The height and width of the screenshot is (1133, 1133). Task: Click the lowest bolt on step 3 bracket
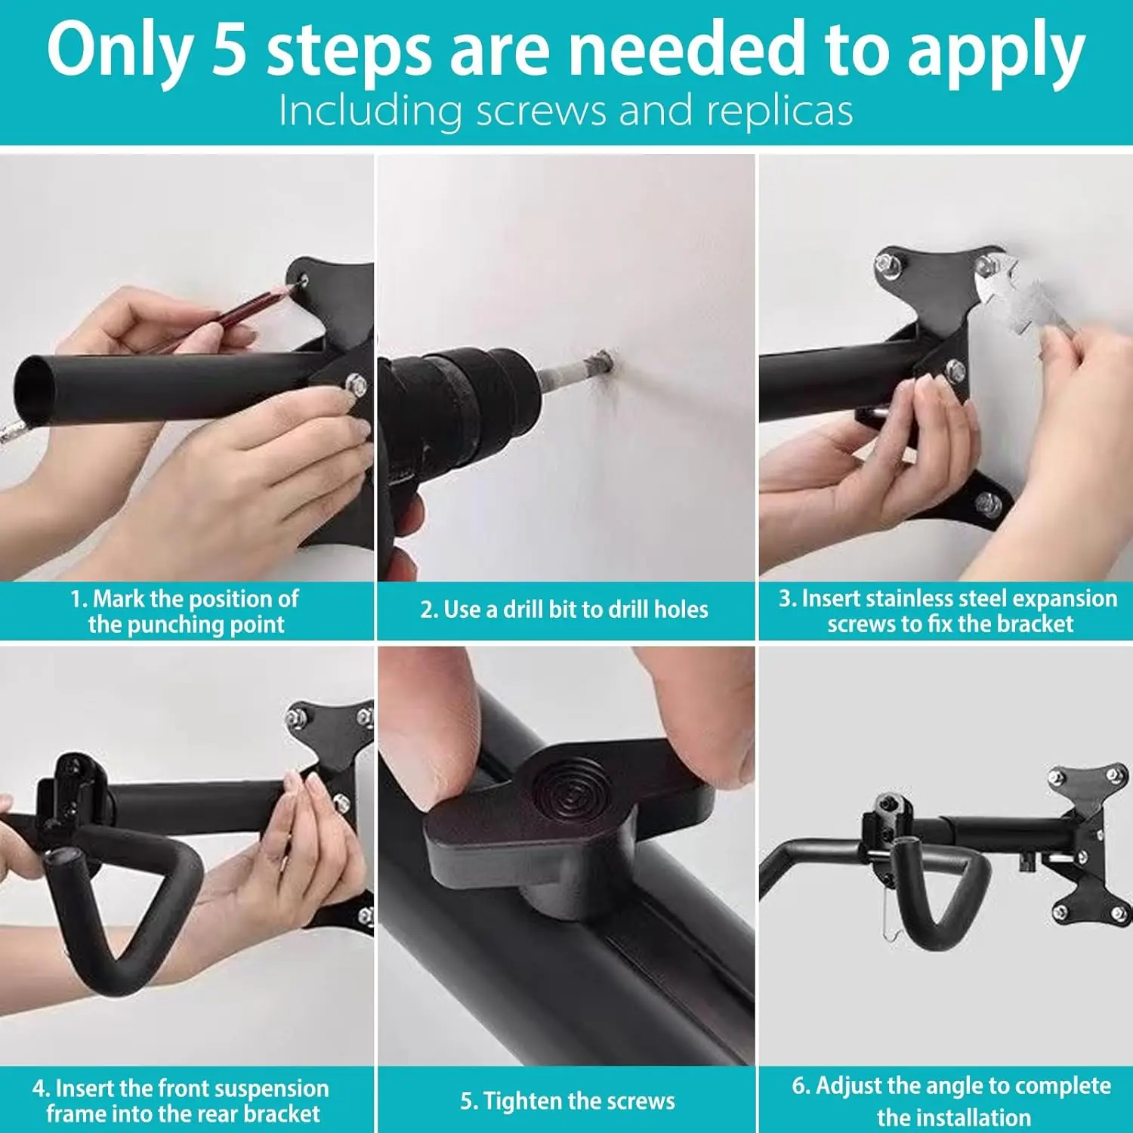988,504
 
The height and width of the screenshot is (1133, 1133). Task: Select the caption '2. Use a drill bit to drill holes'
564,610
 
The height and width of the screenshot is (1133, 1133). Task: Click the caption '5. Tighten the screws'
567,1101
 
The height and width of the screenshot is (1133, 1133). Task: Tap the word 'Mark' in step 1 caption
119,599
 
